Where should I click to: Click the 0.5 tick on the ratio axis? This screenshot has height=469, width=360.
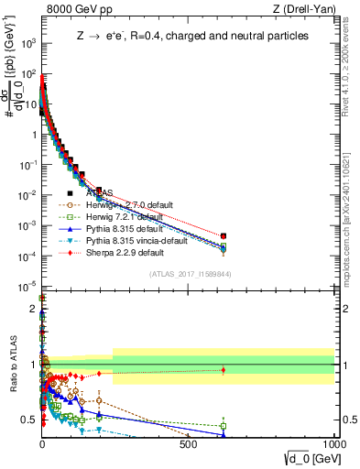[33, 420]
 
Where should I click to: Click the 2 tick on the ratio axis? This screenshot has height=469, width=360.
[35, 310]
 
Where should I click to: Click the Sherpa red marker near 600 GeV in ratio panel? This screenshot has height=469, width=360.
[224, 370]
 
